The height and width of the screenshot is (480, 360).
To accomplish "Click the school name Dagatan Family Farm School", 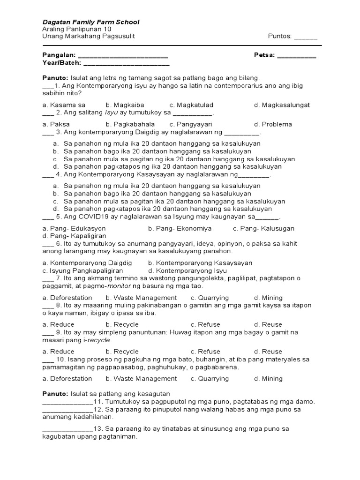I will click(90, 22).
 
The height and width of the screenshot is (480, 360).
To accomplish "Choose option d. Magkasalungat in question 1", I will click(282, 105).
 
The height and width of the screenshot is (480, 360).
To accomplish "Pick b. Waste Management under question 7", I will click(141, 298).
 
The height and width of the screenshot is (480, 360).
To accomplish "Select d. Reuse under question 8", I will click(268, 324).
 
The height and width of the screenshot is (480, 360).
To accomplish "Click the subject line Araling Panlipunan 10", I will click(76, 30).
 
